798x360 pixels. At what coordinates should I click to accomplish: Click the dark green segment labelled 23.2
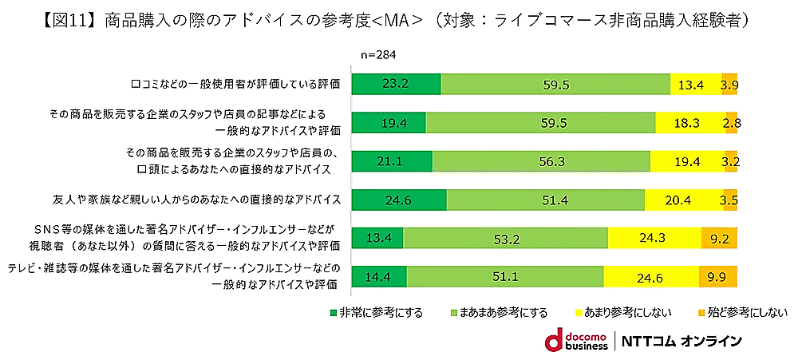click(x=396, y=84)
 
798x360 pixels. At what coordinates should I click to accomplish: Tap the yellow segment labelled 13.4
click(x=695, y=84)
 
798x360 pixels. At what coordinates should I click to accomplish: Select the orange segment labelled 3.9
click(x=729, y=84)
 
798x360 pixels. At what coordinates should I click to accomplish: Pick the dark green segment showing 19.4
click(x=389, y=122)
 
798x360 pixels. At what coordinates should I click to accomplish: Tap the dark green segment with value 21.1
click(x=392, y=160)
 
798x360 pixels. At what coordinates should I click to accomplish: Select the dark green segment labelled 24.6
click(x=399, y=199)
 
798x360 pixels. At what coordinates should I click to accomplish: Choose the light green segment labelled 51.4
click(x=546, y=199)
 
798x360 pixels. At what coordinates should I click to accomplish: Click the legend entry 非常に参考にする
click(x=376, y=311)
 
